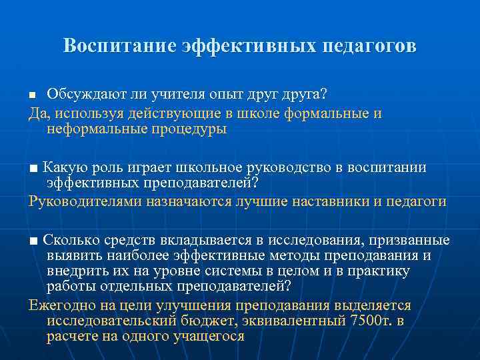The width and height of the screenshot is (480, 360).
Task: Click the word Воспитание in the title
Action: click(x=119, y=46)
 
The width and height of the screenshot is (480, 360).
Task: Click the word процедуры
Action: click(x=187, y=129)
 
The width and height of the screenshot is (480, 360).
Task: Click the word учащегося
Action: click(x=208, y=336)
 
